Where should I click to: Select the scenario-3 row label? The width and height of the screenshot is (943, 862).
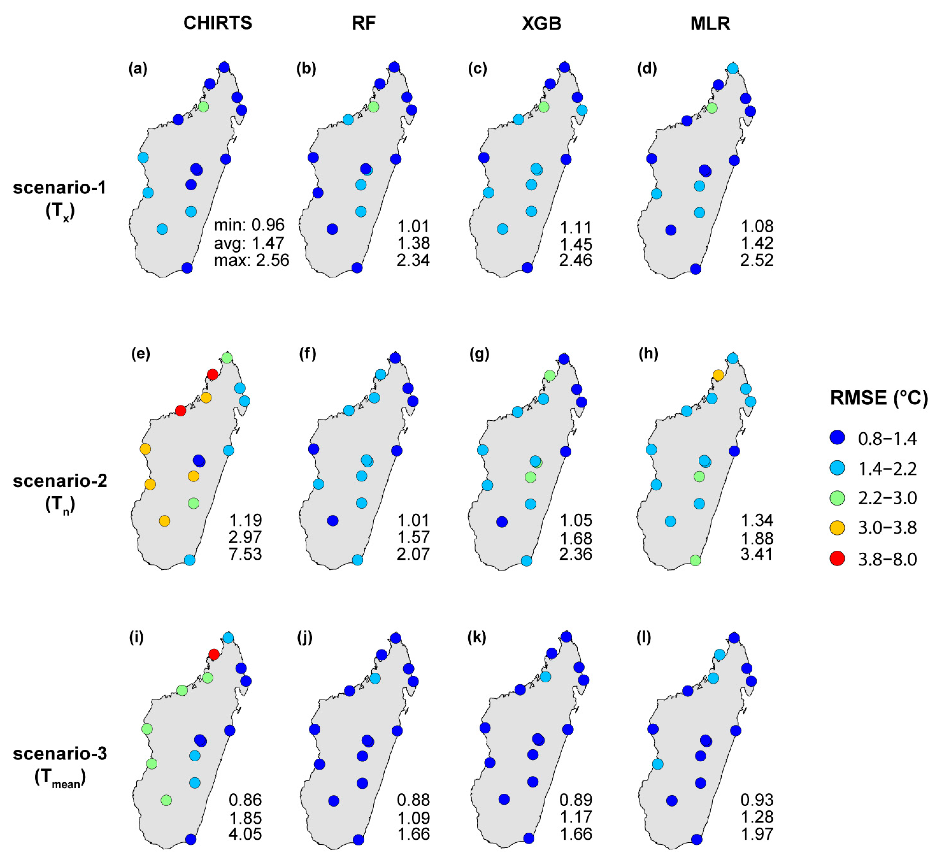[x=60, y=754]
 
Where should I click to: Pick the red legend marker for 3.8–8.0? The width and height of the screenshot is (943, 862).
[x=837, y=558]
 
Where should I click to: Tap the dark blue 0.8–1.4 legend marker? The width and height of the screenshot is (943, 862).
[x=837, y=438]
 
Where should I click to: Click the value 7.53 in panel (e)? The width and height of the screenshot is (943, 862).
[x=245, y=554]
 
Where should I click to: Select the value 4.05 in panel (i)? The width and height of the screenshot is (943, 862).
[x=245, y=834]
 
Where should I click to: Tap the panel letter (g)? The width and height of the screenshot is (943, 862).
[x=479, y=354]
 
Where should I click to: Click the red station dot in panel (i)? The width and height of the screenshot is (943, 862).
[x=214, y=654]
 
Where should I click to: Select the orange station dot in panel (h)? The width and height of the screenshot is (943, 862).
[x=718, y=375]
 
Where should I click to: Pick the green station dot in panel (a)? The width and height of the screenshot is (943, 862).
[x=203, y=107]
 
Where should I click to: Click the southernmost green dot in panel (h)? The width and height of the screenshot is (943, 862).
[x=695, y=560]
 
